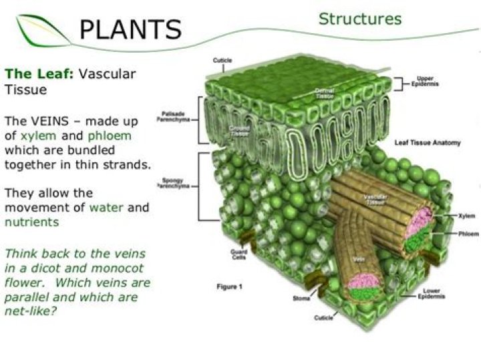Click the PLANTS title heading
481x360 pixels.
(x=130, y=29)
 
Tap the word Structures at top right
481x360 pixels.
(x=360, y=19)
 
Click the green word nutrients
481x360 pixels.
(x=32, y=222)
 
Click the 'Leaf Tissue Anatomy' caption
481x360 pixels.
(x=424, y=142)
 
